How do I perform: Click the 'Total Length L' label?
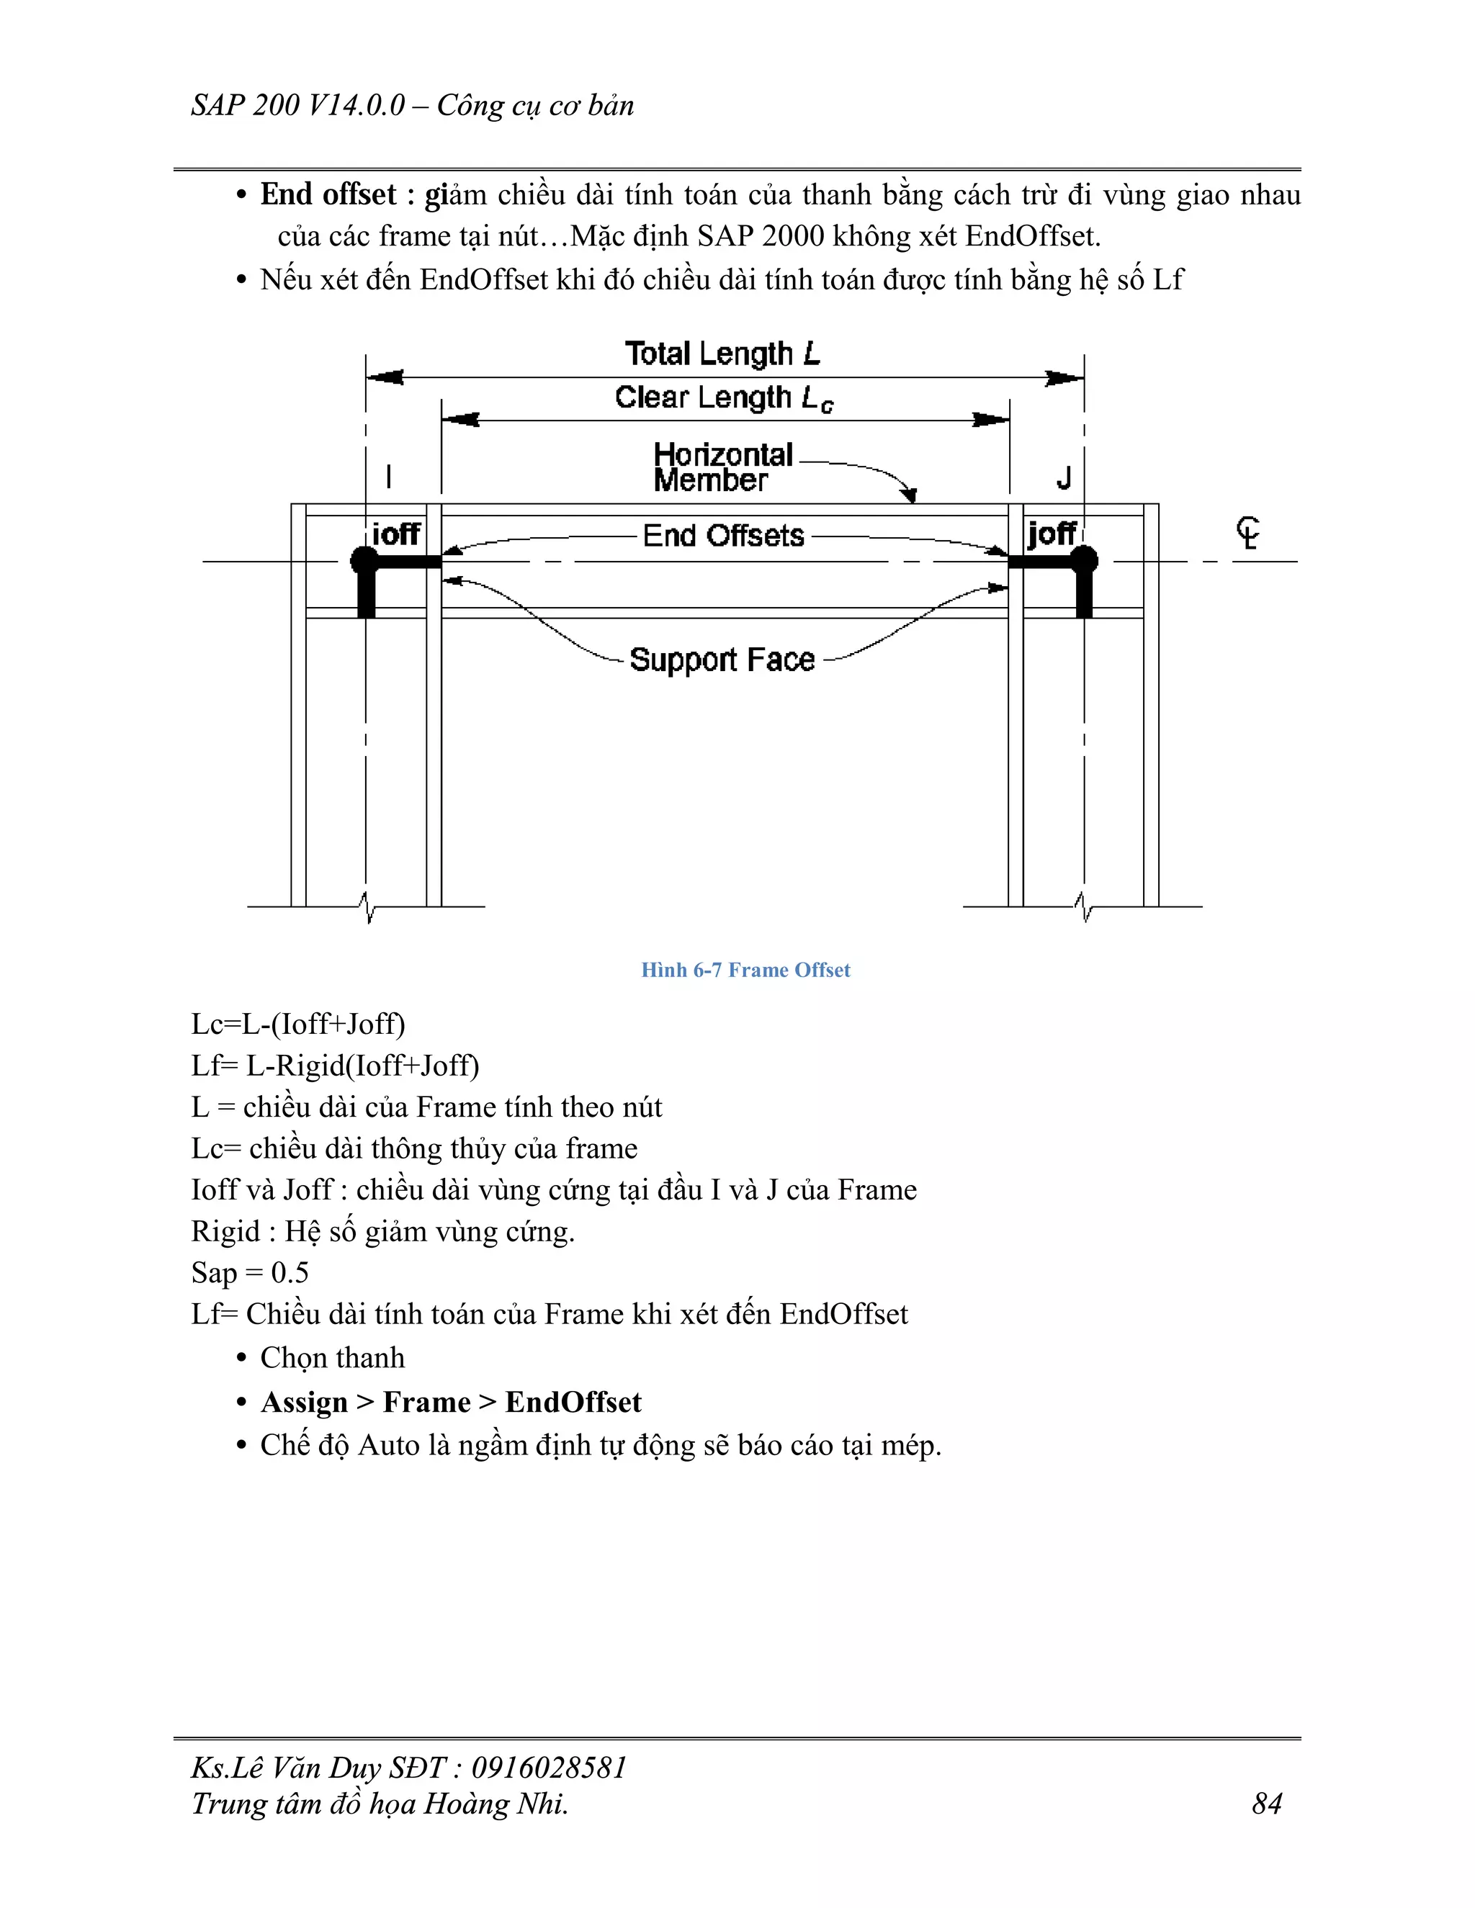click(722, 354)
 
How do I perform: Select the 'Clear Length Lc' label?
click(724, 398)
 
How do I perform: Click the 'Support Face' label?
click(722, 660)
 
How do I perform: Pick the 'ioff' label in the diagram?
click(396, 534)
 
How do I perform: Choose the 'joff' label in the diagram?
click(1052, 533)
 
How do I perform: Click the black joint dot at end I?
click(364, 560)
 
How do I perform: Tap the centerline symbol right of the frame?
click(1249, 532)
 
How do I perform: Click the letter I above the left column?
click(389, 477)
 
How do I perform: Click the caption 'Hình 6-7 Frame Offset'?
click(745, 970)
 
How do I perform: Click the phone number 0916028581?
click(549, 1768)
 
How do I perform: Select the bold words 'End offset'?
click(328, 194)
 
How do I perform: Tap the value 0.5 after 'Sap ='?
click(290, 1273)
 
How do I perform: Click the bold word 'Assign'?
click(304, 1402)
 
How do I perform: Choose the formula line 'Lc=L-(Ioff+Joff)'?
click(298, 1024)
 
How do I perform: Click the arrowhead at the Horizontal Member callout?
click(911, 496)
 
